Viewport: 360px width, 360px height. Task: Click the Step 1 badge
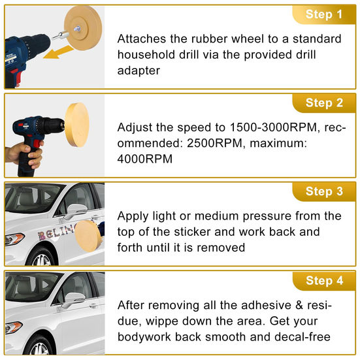pos(323,14)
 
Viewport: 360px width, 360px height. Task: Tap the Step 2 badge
pos(323,103)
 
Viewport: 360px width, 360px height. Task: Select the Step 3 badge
pos(323,191)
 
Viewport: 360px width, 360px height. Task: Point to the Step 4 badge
pos(323,280)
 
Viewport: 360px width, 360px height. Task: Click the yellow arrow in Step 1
pos(58,52)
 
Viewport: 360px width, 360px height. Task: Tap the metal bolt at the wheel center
pos(77,29)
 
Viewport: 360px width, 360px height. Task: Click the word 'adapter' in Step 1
pos(139,71)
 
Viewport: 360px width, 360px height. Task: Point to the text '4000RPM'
pos(144,159)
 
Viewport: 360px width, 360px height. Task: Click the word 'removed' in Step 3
pos(221,248)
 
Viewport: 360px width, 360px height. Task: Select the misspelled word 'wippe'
pos(162,321)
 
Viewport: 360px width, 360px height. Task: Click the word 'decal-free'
pos(303,337)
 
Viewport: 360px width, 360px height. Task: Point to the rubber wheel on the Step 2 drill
pos(77,125)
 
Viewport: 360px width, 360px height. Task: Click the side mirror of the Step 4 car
pos(75,299)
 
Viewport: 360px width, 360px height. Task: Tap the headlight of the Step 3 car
pos(14,238)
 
